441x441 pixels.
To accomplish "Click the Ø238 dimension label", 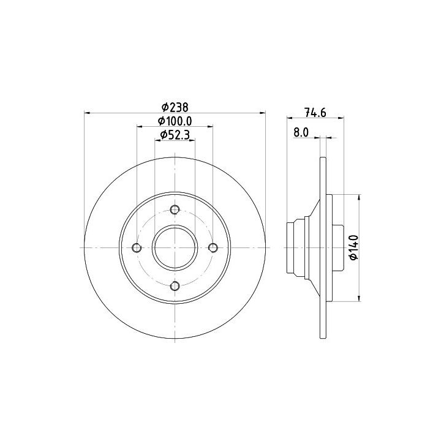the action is click(x=175, y=107).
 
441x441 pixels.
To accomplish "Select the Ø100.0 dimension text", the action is click(x=175, y=121).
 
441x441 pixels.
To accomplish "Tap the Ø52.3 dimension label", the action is click(x=175, y=135).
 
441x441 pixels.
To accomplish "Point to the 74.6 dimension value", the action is click(x=315, y=113).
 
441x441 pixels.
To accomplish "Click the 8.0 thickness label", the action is click(x=301, y=132).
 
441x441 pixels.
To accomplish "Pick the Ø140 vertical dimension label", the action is click(x=354, y=247).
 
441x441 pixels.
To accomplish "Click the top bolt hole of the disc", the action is click(x=175, y=209).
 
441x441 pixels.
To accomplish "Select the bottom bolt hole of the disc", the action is click(x=175, y=286).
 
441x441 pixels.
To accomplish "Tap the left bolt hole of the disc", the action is click(x=137, y=248).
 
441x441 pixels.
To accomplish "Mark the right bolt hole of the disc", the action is click(x=213, y=248).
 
